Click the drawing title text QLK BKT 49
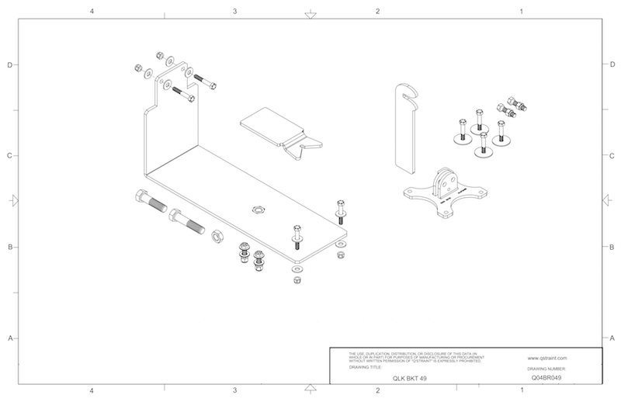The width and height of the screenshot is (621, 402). (x=408, y=378)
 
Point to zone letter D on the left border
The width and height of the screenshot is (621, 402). (x=9, y=64)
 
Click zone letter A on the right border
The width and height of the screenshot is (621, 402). (x=612, y=338)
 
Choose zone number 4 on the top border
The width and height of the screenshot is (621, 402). (x=92, y=12)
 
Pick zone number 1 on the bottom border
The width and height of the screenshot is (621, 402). (x=521, y=390)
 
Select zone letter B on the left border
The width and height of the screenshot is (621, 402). (x=9, y=248)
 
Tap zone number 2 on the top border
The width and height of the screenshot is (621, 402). (x=377, y=12)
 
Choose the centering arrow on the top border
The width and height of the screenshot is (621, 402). (x=310, y=13)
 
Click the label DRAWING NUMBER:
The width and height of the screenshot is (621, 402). (x=548, y=369)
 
